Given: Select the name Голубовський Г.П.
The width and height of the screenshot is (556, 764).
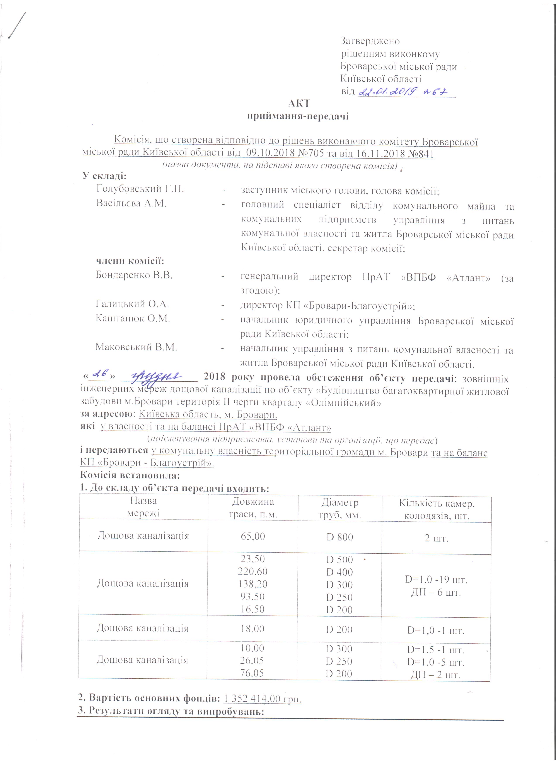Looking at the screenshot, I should [x=140, y=189].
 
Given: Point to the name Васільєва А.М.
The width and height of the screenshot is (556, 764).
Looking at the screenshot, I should [x=131, y=203].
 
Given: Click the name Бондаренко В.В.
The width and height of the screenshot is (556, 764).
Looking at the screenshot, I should [x=134, y=275].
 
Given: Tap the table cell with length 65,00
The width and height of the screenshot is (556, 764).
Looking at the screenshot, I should [x=252, y=536].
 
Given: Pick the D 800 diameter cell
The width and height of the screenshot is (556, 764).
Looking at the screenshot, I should [x=339, y=537].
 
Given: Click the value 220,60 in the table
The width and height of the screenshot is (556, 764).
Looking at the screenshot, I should [x=252, y=571].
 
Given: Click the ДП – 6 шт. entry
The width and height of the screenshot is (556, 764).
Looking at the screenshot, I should [x=436, y=593].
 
